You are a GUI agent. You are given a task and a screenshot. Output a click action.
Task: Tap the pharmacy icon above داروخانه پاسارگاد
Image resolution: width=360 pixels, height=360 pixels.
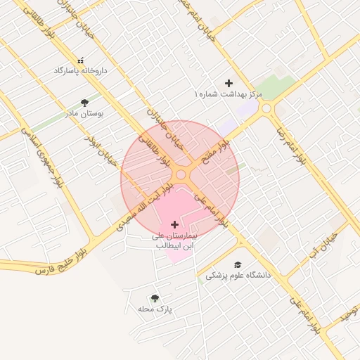click(x=79, y=60)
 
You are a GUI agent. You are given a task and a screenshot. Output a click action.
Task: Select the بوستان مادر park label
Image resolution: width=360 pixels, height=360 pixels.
click(x=84, y=112)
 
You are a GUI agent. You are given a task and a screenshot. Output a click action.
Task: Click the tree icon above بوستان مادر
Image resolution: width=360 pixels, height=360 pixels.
click(x=85, y=103)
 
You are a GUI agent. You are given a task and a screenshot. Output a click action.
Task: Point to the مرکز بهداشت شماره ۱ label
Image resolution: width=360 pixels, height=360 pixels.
click(x=229, y=94)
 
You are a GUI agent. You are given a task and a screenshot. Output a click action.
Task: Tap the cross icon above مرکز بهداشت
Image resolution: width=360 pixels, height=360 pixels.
click(x=229, y=83)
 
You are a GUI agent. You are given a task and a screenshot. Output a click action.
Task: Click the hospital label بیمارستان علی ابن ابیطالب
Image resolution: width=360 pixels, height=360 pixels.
click(x=174, y=242)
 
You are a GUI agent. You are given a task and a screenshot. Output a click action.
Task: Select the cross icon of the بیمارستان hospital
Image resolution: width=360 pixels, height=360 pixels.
click(x=174, y=225)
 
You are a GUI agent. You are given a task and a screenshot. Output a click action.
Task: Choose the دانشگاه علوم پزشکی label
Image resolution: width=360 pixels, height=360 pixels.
click(x=238, y=276)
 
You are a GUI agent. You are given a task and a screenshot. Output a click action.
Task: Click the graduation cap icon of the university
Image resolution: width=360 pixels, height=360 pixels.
click(x=238, y=264)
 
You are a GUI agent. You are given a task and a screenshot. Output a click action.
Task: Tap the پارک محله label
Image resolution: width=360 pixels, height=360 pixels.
click(x=155, y=309)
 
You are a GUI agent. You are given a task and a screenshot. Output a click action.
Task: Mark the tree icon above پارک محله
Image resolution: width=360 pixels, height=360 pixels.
click(x=155, y=299)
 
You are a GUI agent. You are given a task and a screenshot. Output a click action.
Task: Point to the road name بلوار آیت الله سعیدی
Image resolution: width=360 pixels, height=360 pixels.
click(x=143, y=205)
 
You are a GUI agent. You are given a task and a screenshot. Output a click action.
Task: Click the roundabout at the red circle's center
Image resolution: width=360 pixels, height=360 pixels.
click(x=181, y=174)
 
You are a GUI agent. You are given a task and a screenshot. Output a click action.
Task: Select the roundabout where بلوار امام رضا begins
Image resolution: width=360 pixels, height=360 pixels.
click(x=266, y=109)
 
